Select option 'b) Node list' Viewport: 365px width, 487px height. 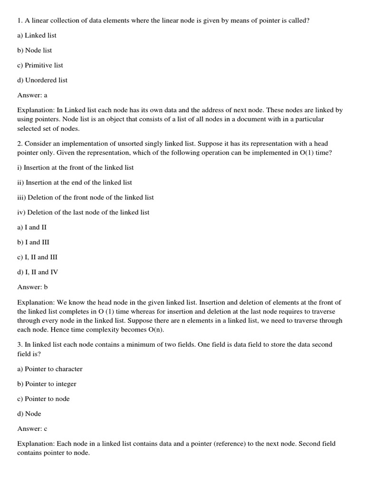(35, 50)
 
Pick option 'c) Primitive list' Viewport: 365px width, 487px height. (40, 65)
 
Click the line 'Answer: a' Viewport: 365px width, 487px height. (32, 95)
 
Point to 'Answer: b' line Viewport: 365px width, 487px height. (32, 287)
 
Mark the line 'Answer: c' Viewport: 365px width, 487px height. (32, 429)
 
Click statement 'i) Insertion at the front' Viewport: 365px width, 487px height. (76, 167)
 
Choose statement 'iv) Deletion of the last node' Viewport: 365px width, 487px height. (83, 212)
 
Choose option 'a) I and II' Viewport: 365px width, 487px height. (32, 227)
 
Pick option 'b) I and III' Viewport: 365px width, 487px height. (33, 242)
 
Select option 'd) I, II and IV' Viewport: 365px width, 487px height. (38, 272)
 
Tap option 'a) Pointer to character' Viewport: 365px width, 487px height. (50, 369)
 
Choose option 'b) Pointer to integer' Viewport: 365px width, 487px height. (47, 384)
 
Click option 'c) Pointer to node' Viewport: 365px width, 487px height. (43, 399)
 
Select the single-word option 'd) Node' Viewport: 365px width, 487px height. (29, 414)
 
